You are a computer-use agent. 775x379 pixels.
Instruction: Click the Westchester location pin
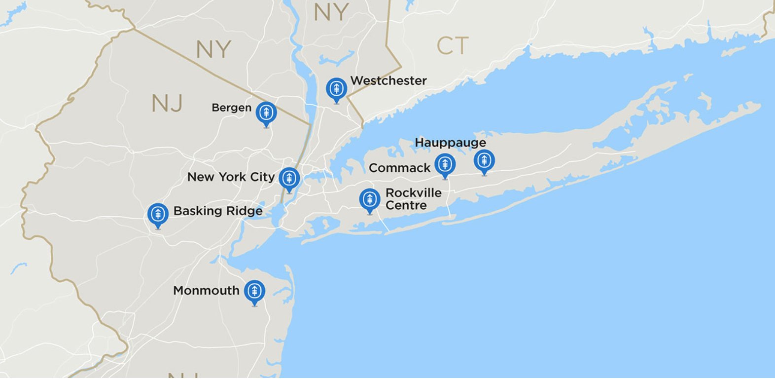click(336, 89)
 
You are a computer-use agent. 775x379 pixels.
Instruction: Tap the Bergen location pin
click(266, 113)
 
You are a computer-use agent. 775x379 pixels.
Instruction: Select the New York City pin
click(289, 178)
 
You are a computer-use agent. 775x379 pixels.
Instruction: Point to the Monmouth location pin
click(254, 291)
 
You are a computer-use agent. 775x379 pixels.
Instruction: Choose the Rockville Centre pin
click(370, 200)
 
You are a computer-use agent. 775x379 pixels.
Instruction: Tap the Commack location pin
click(445, 164)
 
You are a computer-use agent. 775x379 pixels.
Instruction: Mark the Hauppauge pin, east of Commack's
click(484, 160)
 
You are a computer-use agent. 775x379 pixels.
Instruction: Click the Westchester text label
click(388, 80)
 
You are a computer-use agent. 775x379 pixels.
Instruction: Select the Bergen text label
click(231, 108)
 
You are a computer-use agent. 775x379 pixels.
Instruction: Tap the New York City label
click(231, 177)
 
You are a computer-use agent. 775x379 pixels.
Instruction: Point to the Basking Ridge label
click(218, 211)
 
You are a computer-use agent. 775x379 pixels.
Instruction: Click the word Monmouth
click(206, 291)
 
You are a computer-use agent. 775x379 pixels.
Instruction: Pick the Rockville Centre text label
click(413, 199)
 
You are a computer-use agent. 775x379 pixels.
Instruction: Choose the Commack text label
click(399, 168)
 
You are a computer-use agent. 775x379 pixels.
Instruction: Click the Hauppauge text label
click(450, 143)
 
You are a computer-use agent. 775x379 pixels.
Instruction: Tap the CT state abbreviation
click(452, 46)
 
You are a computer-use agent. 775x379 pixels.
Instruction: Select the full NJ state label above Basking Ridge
click(167, 104)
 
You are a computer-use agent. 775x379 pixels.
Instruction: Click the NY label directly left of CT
click(331, 12)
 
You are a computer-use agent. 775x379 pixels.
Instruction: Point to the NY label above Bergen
click(213, 49)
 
